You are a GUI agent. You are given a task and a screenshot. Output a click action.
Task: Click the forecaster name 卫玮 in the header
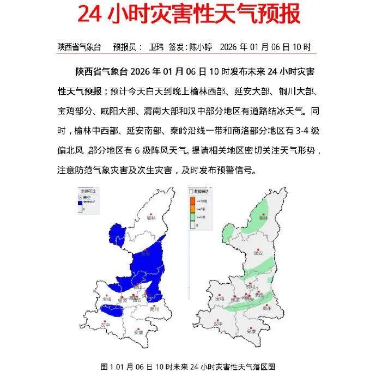pyautogui.click(x=156, y=47)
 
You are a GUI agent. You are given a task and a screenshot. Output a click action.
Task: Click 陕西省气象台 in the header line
pyautogui.click(x=80, y=47)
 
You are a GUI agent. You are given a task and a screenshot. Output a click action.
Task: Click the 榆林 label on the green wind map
pyautogui.click(x=264, y=217)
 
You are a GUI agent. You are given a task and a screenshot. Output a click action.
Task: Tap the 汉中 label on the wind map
pyautogui.click(x=218, y=324)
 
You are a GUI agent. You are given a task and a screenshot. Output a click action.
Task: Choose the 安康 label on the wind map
pyautogui.click(x=251, y=331)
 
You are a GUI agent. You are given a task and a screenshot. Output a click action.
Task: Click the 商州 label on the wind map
pyautogui.click(x=267, y=308)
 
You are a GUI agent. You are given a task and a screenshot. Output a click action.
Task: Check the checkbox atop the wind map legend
pyautogui.click(x=191, y=192)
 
